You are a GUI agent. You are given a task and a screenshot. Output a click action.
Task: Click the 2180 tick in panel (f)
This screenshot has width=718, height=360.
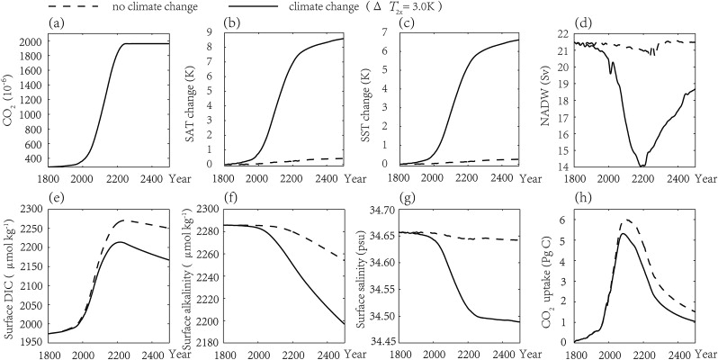(200, 342)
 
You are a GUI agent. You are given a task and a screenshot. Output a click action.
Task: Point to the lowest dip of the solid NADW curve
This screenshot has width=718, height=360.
(642, 166)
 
